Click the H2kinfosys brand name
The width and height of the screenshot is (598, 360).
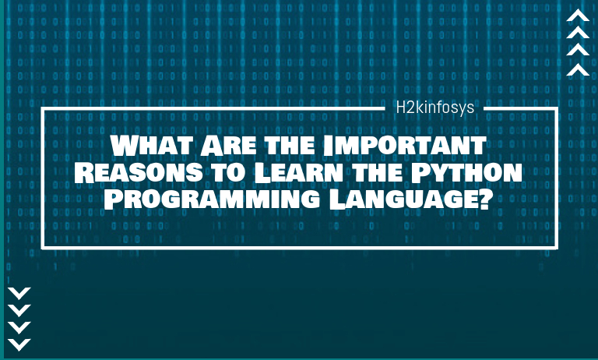pyautogui.click(x=434, y=108)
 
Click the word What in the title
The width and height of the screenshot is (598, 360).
pyautogui.click(x=152, y=145)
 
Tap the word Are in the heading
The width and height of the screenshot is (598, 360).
pyautogui.click(x=228, y=145)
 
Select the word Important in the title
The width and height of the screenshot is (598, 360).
pyautogui.click(x=404, y=145)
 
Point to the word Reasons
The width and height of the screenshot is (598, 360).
pyautogui.click(x=139, y=172)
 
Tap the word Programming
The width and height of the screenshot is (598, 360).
pyautogui.click(x=212, y=199)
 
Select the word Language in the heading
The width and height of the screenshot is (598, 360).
pyautogui.click(x=403, y=199)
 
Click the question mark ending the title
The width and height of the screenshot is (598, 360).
pyautogui.click(x=484, y=199)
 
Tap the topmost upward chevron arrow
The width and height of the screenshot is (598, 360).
pyautogui.click(x=578, y=16)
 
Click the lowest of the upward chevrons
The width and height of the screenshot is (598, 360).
pyautogui.click(x=578, y=69)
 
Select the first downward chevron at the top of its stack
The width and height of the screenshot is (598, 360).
pyautogui.click(x=19, y=293)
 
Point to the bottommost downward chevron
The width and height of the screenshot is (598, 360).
pyautogui.click(x=19, y=344)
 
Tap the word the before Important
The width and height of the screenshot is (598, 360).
pyautogui.click(x=290, y=146)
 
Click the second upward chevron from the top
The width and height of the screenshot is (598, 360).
pyautogui.click(x=578, y=33)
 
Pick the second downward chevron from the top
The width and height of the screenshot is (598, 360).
pyautogui.click(x=19, y=310)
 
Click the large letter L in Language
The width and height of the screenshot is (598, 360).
pyautogui.click(x=336, y=199)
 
